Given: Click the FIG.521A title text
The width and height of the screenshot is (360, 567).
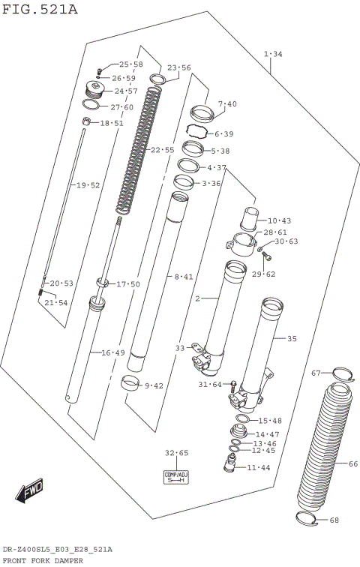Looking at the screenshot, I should click(39, 9).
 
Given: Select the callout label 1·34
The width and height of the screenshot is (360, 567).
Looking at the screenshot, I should click(273, 54).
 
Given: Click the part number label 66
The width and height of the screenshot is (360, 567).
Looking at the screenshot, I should click(353, 463).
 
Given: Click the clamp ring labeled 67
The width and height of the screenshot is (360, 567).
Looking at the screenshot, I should click(340, 375).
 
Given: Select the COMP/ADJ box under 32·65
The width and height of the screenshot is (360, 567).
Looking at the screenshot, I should click(175, 478).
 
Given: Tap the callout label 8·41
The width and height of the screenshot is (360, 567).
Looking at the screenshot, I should click(184, 277).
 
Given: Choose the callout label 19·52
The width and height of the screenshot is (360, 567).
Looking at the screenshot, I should click(85, 184).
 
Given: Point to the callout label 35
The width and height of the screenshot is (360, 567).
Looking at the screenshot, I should click(291, 339).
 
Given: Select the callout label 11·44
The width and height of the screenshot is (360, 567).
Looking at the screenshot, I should click(259, 467).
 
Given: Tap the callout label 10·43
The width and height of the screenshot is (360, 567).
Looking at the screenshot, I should click(278, 220).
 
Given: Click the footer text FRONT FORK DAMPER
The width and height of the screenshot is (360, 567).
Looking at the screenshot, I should click(43, 560).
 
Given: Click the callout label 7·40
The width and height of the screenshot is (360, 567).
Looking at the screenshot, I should click(226, 103).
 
